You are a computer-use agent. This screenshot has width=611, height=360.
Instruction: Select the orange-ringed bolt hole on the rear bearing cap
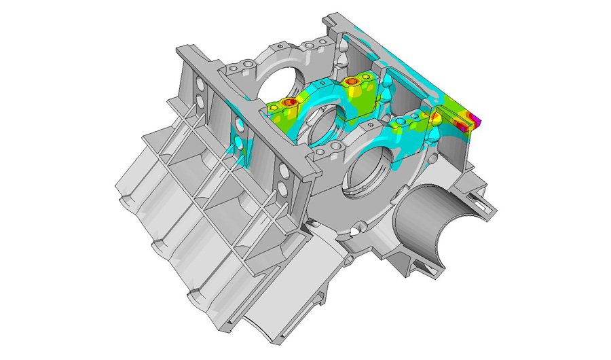pos(352,82)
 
